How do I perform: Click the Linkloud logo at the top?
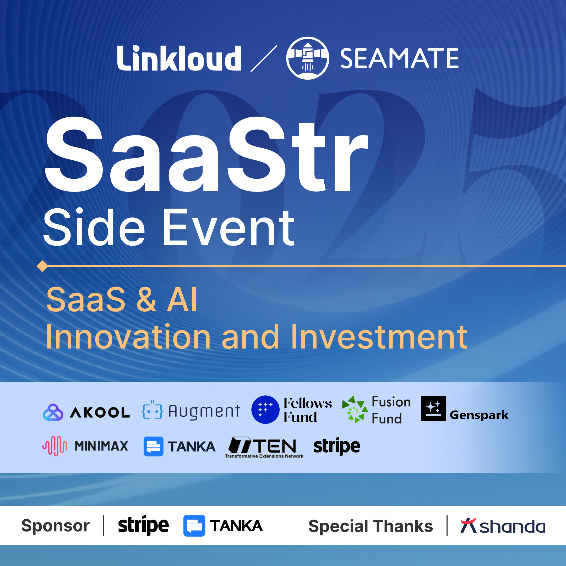(179, 58)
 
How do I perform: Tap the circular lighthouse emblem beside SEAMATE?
(308, 58)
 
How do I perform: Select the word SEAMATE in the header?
(400, 58)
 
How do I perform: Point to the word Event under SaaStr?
(228, 228)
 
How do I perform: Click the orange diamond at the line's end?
(42, 266)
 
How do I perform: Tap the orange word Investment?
(379, 337)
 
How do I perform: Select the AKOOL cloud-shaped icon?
(53, 412)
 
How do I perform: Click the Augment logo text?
(204, 411)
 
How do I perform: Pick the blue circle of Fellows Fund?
(265, 410)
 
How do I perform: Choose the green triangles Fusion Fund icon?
(355, 410)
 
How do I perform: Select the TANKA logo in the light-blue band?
(179, 447)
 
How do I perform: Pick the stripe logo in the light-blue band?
(337, 447)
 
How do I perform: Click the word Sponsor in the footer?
(55, 526)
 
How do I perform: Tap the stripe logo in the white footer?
(143, 526)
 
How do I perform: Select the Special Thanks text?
(371, 526)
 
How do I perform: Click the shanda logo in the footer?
(503, 525)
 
